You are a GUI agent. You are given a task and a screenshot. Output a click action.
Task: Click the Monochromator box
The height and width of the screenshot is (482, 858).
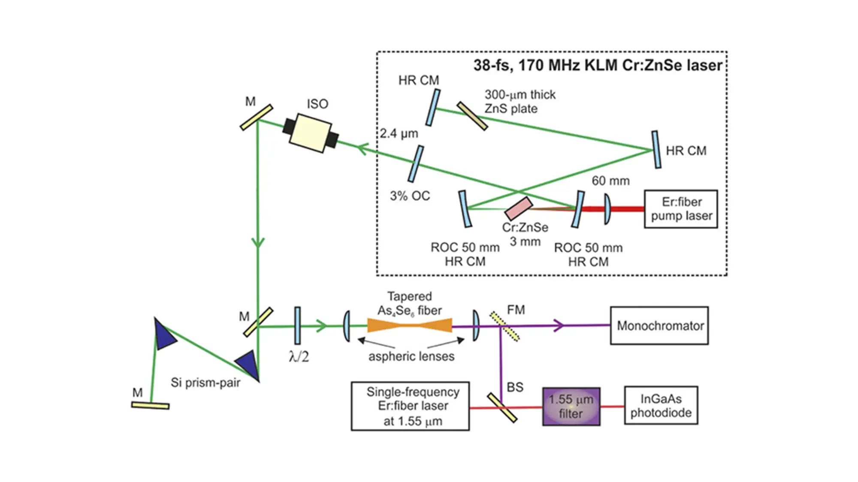point(659,325)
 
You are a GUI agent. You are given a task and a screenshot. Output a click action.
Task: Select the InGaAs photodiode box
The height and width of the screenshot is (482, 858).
point(661,406)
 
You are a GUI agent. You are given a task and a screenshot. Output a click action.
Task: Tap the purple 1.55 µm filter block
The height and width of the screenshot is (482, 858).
point(571,407)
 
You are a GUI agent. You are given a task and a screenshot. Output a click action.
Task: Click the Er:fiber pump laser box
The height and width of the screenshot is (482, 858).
point(681,209)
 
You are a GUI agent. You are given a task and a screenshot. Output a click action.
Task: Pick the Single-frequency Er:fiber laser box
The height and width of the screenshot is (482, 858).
point(410,406)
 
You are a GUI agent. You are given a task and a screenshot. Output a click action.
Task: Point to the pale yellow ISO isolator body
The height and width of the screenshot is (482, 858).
point(310,133)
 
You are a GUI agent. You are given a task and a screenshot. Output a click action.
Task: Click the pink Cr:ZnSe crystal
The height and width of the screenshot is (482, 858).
point(518,208)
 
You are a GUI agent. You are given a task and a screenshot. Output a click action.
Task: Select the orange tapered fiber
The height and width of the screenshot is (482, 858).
point(410,325)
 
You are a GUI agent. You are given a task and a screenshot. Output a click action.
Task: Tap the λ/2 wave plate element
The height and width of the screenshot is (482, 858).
point(297,325)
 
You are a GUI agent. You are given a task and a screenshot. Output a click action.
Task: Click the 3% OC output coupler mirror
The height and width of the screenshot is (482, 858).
point(416,164)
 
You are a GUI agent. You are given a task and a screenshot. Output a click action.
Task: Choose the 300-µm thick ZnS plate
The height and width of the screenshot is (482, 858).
point(472,116)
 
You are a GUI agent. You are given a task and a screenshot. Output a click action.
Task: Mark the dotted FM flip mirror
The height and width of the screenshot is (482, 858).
point(505,326)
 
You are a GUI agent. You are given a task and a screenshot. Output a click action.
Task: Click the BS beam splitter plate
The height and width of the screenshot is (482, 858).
point(502,407)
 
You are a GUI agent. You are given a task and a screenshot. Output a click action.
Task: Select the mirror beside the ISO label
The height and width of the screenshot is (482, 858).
point(256,117)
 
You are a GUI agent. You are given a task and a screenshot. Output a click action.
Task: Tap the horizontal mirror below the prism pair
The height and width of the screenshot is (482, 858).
point(150,405)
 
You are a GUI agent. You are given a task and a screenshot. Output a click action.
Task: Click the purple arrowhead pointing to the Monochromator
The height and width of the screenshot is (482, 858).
point(558,325)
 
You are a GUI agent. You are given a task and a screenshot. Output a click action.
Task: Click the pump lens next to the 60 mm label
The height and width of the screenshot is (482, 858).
point(607,209)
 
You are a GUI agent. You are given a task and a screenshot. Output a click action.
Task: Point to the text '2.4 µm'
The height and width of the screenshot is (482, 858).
point(399,133)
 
